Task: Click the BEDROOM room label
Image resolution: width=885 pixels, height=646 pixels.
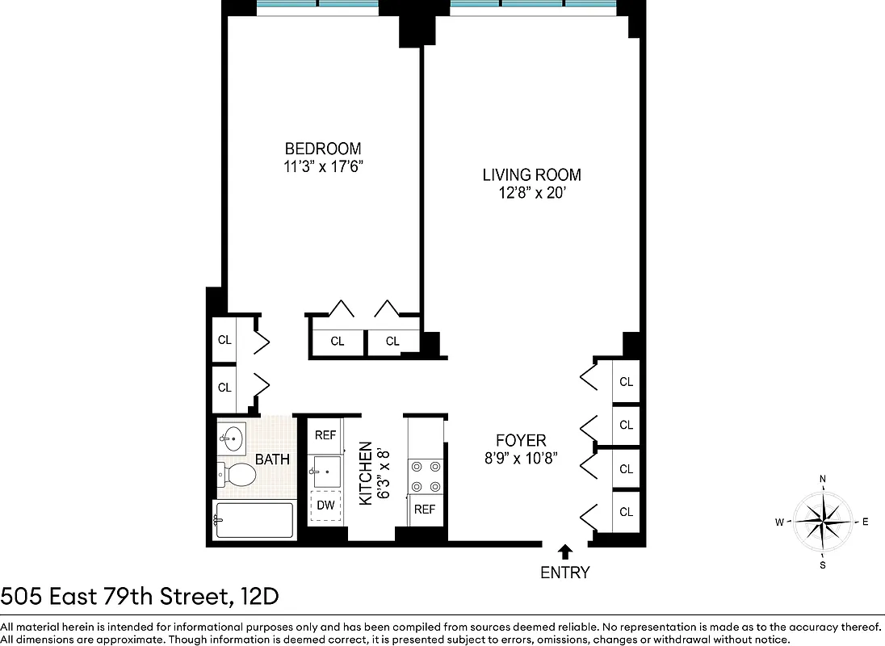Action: [x=322, y=149]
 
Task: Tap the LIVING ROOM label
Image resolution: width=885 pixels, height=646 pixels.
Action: [x=531, y=174]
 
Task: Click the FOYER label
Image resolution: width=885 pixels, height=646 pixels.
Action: [x=521, y=441]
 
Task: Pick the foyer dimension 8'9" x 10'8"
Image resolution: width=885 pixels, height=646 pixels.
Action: [x=521, y=459]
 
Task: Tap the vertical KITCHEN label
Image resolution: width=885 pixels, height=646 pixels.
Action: [x=365, y=473]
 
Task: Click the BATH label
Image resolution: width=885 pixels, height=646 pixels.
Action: [x=272, y=459]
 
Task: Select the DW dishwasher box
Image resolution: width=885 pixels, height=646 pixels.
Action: [x=325, y=506]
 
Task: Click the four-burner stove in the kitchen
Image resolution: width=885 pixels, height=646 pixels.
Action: [x=426, y=476]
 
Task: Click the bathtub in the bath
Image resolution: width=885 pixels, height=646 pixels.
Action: [x=254, y=521]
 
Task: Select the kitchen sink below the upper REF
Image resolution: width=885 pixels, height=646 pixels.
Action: [x=325, y=470]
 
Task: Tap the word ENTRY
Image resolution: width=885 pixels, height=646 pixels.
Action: [x=565, y=573]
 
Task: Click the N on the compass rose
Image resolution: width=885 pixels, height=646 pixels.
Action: [x=823, y=479]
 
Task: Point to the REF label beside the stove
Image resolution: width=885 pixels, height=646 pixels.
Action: [x=425, y=510]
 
